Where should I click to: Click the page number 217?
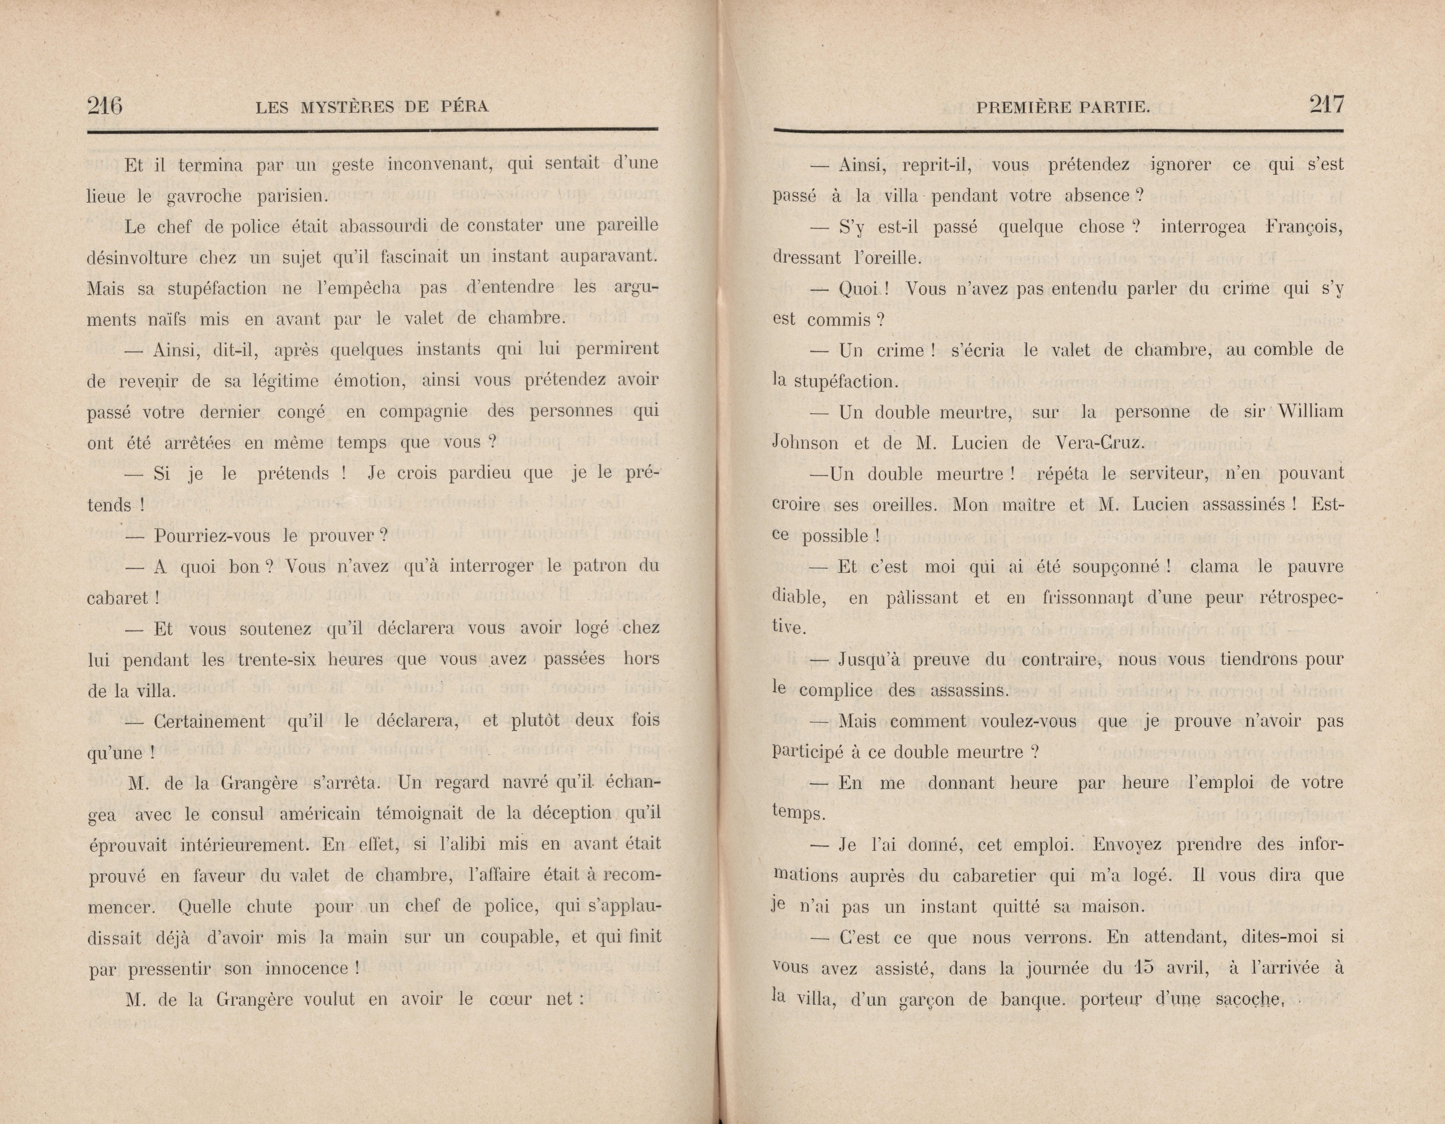[1327, 105]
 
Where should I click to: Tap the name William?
[1310, 411]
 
